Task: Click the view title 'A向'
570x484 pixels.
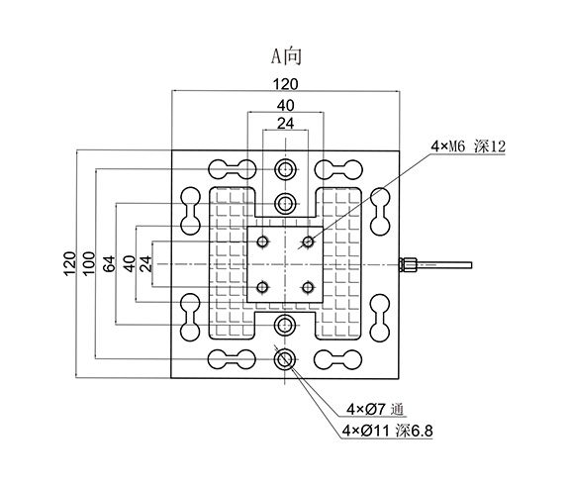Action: (286, 56)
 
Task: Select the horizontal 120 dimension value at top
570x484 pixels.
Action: (285, 84)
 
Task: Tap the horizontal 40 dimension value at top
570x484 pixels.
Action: (285, 106)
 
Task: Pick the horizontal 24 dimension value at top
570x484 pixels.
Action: (285, 124)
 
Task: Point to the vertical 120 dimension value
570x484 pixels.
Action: (70, 263)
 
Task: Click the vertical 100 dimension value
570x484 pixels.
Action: (88, 263)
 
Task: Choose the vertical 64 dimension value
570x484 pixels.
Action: (109, 263)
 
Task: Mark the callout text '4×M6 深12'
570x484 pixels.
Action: (468, 146)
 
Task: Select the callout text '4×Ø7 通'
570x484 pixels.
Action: (375, 410)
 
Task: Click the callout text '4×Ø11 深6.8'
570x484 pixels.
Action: (388, 431)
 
